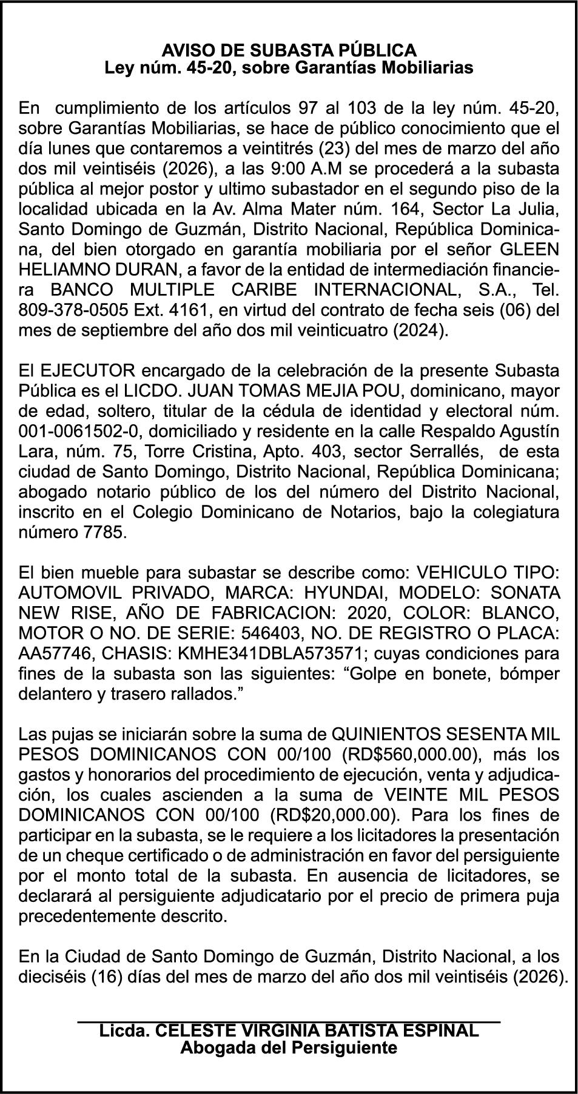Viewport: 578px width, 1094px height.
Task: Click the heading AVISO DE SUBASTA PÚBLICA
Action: pos(289,50)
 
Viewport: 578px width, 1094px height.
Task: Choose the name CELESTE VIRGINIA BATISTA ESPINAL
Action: pos(317,1030)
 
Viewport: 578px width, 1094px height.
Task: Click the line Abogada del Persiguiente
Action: pos(289,1047)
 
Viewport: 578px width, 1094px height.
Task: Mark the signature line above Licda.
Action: pos(289,1022)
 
